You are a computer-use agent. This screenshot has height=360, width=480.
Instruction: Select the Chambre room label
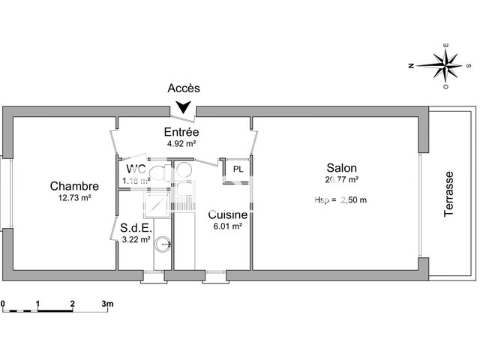pyautogui.click(x=74, y=186)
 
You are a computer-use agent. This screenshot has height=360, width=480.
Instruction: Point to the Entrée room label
pyautogui.click(x=181, y=132)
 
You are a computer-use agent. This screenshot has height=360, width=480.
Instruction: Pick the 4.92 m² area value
pyautogui.click(x=181, y=143)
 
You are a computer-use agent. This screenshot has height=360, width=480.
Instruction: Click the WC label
pyautogui.click(x=136, y=168)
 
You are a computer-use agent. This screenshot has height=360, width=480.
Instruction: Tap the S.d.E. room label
pyautogui.click(x=136, y=228)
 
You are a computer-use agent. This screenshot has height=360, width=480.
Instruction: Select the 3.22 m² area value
pyautogui.click(x=136, y=240)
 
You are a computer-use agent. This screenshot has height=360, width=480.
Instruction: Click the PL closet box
pyautogui.click(x=238, y=169)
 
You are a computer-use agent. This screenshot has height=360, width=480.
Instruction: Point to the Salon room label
pyautogui.click(x=341, y=168)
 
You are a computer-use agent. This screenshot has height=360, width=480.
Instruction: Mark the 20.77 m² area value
pyautogui.click(x=341, y=179)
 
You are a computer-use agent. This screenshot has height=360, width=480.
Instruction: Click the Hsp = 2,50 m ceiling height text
pyautogui.click(x=342, y=199)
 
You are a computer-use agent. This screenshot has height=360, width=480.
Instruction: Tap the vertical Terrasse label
pyautogui.click(x=449, y=194)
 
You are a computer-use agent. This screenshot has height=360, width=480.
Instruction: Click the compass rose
pyautogui.click(x=444, y=66)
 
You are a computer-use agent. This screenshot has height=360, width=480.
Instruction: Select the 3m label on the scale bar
pyautogui.click(x=106, y=303)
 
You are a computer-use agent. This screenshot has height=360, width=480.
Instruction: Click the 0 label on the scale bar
pyautogui.click(x=3, y=303)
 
